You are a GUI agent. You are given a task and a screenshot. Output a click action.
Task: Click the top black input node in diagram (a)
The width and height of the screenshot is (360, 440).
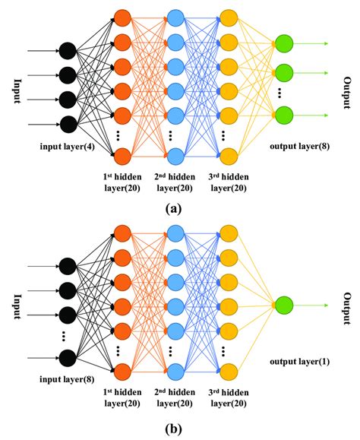pos(67,52)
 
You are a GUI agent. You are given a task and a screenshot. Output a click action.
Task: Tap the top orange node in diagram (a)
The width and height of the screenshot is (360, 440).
pos(122,17)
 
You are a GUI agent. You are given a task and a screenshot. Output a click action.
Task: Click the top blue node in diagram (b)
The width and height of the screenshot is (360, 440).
pos(175,230)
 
